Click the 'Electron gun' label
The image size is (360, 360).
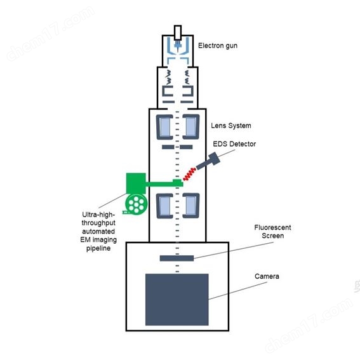pos(218,46)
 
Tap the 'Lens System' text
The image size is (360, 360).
pos(231,126)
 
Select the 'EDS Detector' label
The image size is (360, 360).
pos(234,144)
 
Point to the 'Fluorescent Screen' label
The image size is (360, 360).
pos(272,231)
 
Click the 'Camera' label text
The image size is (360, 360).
pos(267,276)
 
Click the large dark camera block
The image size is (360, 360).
pos(177,300)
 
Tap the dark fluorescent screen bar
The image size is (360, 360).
pos(177,258)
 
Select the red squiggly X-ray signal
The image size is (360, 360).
pos(189,174)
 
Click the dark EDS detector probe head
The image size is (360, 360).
pos(214,158)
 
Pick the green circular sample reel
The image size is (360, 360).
pos(136,204)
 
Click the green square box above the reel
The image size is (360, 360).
pos(136,183)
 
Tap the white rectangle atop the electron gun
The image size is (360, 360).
pos(178,33)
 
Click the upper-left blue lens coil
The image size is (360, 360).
pos(164,127)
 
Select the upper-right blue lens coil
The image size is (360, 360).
pos(191,127)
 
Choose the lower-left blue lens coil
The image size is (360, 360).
pos(164,206)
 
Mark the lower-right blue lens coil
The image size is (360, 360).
pos(191,206)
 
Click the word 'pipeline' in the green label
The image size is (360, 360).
pos(98,248)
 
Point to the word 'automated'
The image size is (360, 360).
pos(98,231)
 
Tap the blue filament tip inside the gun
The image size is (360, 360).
pos(178,46)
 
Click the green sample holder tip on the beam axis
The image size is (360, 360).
pos(178,183)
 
